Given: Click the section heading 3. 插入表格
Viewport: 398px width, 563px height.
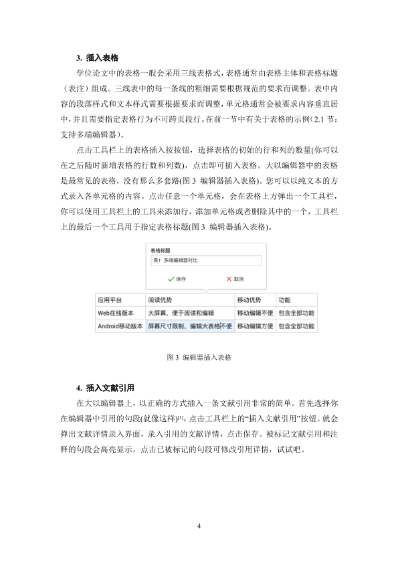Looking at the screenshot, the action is (102, 58).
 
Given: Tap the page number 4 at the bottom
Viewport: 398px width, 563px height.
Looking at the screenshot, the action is (199, 526).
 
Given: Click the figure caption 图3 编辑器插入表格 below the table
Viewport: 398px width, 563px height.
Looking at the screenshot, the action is (199, 358).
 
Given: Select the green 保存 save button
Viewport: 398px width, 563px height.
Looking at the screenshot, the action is (177, 278).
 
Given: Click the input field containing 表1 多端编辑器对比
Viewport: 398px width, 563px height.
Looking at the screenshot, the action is (203, 259).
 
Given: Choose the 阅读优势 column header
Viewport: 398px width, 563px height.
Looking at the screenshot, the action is (161, 300).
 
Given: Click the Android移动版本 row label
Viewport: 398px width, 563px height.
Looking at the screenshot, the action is (120, 326).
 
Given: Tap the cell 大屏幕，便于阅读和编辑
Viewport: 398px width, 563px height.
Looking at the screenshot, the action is (181, 313).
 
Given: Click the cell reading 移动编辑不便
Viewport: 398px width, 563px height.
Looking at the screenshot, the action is (255, 313).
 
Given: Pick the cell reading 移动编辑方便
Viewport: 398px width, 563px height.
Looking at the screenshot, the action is (255, 326).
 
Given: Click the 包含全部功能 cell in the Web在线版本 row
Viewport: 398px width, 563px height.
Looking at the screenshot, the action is (296, 313).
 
